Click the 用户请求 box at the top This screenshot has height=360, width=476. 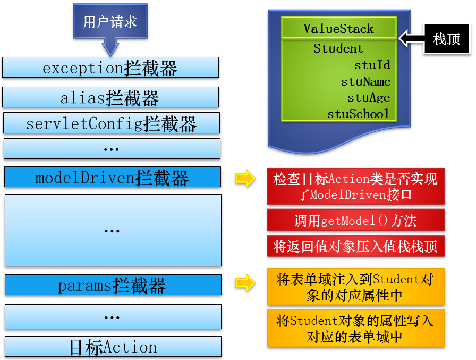click(110, 21)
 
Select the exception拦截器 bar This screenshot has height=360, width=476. click(110, 68)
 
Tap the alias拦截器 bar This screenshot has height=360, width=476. click(110, 97)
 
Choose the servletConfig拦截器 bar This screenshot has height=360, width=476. click(112, 123)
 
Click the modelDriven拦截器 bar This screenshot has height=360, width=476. click(113, 177)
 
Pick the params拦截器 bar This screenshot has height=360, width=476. click(113, 285)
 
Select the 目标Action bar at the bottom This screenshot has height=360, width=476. click(113, 346)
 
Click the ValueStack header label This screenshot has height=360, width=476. click(338, 29)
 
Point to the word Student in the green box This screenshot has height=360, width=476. click(338, 48)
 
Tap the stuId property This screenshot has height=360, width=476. click(372, 65)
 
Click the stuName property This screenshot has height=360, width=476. click(366, 81)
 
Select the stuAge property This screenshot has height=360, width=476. click(369, 98)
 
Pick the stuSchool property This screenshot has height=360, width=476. click(358, 114)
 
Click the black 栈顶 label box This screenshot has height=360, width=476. click(447, 39)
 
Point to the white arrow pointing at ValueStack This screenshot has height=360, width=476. click(412, 39)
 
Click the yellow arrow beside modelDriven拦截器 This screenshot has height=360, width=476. click(245, 178)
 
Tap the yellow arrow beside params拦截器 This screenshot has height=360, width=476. click(245, 283)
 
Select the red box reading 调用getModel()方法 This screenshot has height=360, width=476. click(356, 220)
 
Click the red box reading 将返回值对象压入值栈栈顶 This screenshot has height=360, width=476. click(356, 246)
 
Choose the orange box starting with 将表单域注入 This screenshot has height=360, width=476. click(356, 287)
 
